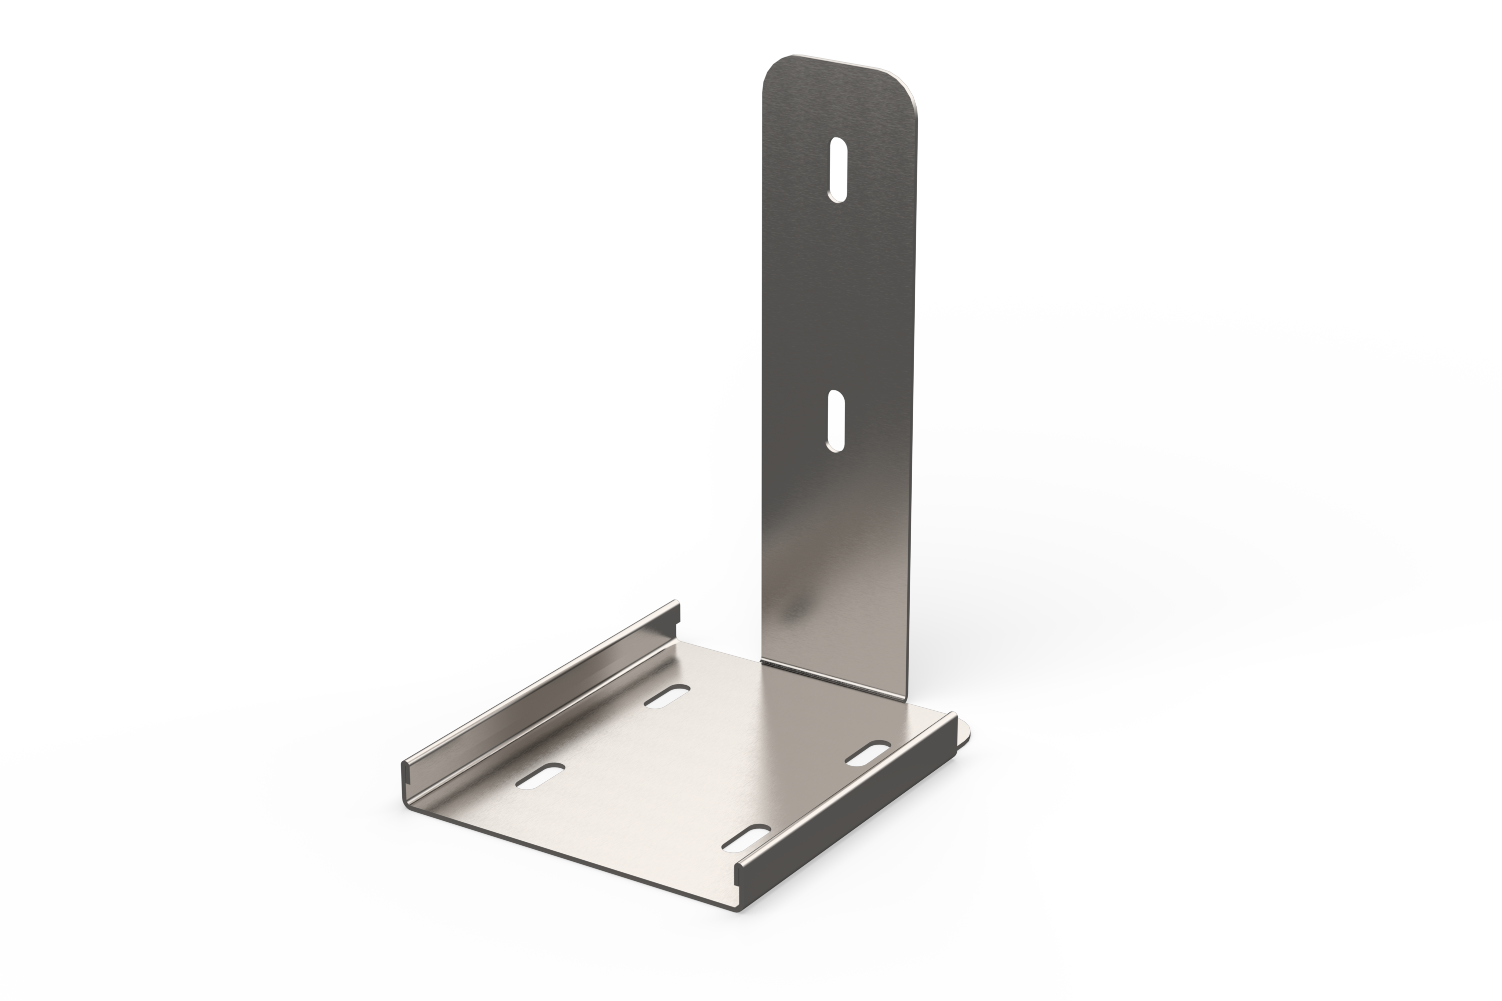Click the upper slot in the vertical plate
click(838, 170)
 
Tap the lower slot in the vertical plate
click(835, 421)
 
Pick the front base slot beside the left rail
click(540, 776)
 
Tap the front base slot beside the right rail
click(746, 837)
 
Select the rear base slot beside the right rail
click(868, 753)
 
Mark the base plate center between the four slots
click(702, 766)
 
